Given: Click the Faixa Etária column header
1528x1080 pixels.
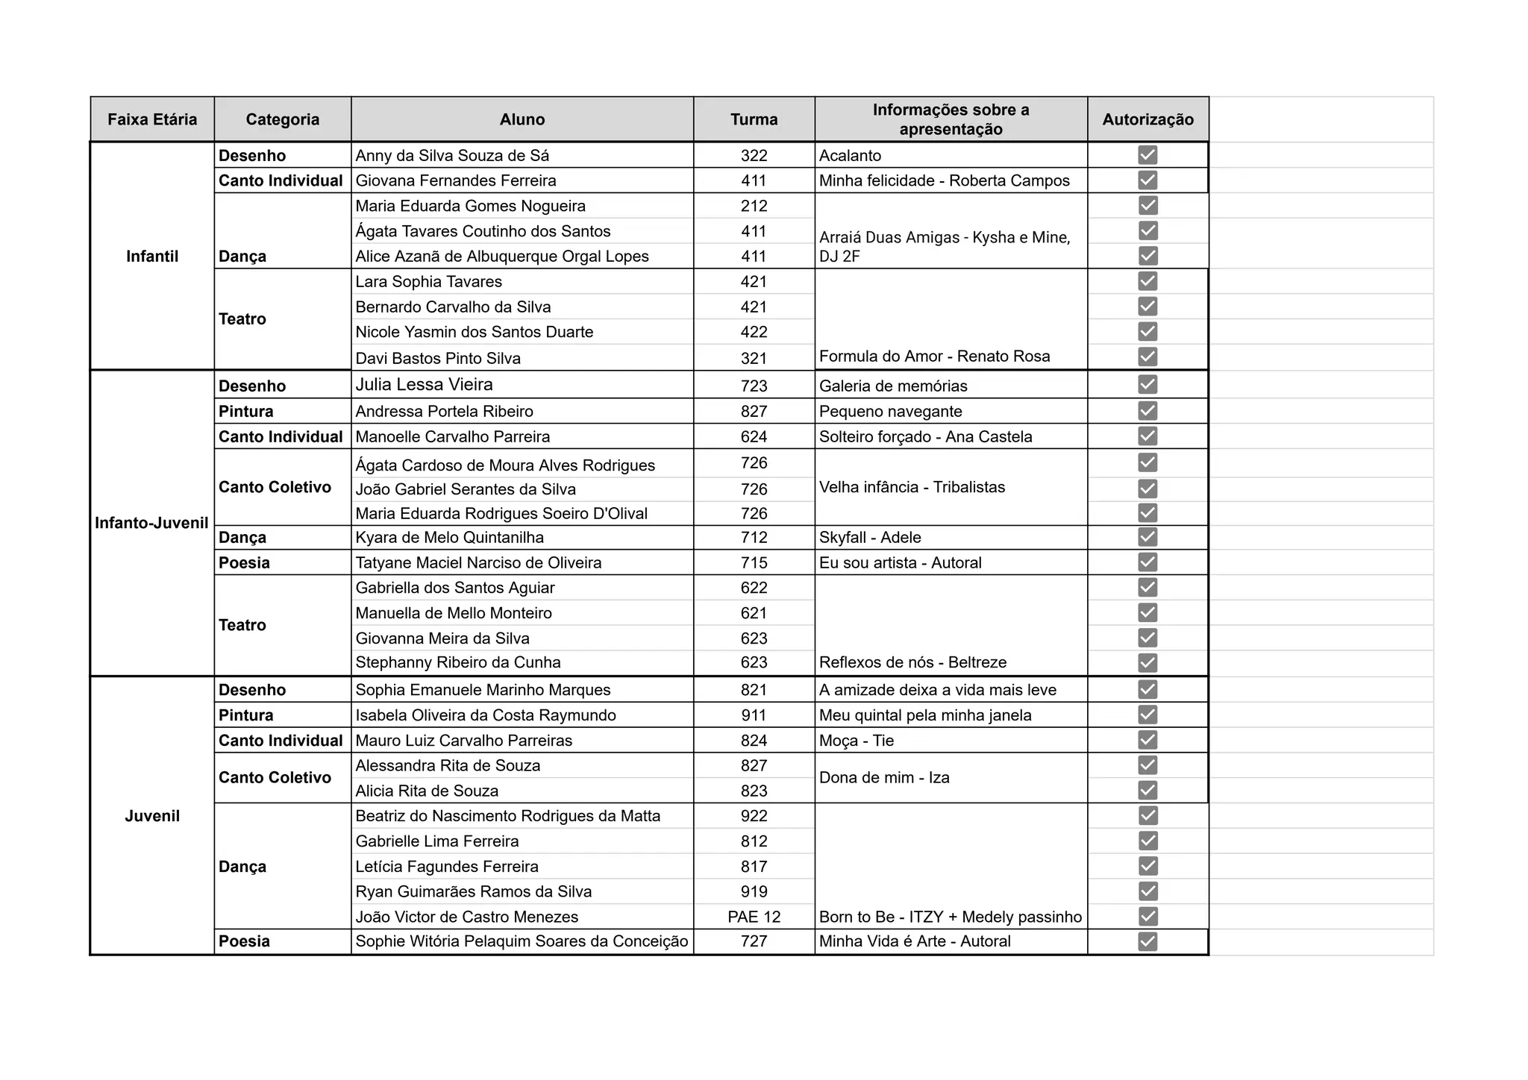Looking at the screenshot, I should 152,119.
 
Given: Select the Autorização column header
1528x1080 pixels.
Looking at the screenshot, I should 1147,119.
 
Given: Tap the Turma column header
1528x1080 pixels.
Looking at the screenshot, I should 754,119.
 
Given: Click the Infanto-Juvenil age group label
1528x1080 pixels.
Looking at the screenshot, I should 151,523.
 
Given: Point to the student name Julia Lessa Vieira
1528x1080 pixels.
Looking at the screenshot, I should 424,385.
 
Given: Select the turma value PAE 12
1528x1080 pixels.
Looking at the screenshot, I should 754,917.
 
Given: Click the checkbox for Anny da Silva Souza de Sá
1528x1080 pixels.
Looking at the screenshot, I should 1147,155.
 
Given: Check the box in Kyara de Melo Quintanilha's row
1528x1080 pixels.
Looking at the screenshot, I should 1147,537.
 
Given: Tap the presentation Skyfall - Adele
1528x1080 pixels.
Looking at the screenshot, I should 870,537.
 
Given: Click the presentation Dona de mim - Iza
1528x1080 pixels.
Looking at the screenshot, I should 884,777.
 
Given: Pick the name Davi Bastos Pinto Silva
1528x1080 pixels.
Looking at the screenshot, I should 438,358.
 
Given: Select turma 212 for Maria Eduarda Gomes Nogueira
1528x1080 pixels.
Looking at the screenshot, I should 754,206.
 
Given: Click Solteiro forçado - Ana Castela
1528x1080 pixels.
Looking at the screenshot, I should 925,436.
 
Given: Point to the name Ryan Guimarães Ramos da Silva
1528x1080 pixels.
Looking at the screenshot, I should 473,891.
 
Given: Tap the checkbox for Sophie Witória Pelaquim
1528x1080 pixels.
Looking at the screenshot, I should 1147,941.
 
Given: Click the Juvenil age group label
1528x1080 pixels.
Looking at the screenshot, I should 152,816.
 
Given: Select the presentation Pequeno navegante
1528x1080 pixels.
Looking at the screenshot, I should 890,411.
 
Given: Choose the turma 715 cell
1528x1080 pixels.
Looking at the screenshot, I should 754,562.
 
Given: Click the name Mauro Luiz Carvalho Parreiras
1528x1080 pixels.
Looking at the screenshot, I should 463,741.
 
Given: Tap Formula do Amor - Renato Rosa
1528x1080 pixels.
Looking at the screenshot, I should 934,357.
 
